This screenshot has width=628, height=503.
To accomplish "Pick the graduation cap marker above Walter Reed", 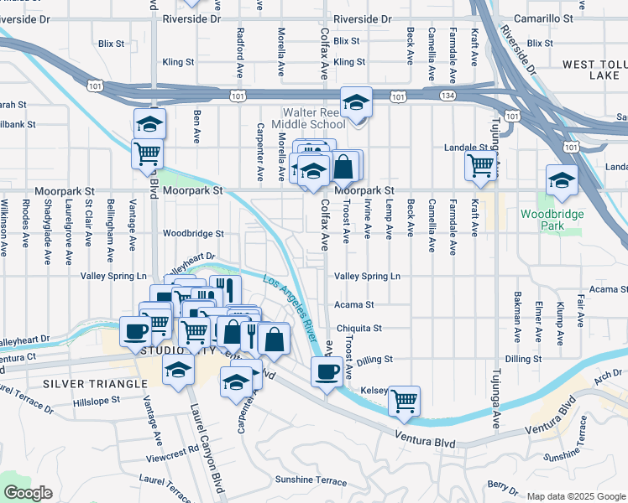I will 357,103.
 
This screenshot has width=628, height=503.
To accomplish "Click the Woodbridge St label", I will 194,234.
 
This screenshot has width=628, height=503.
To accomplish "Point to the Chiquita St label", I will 358,328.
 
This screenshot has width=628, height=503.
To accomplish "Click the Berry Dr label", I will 502,485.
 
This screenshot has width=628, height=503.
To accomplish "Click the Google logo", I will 28,492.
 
